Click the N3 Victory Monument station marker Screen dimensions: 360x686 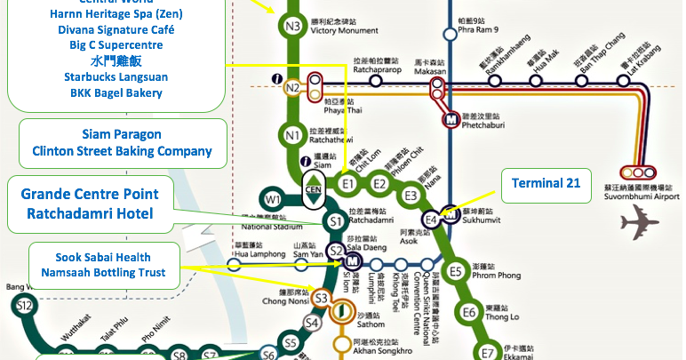pyautogui.click(x=293, y=26)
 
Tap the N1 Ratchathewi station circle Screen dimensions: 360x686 pyautogui.click(x=293, y=135)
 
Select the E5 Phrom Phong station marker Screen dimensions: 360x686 pyautogui.click(x=456, y=271)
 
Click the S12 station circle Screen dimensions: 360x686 pyautogui.click(x=25, y=307)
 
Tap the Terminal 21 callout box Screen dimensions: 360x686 pyautogui.click(x=546, y=184)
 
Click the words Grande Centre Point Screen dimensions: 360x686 pyautogui.click(x=90, y=194)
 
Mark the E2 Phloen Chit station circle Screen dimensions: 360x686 pyautogui.click(x=379, y=184)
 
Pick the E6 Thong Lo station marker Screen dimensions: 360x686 pyautogui.click(x=467, y=311)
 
